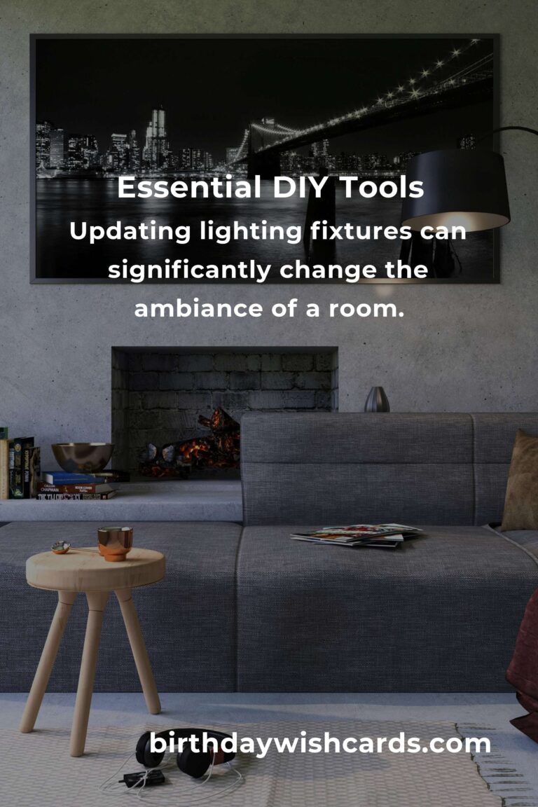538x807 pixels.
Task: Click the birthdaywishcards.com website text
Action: pyautogui.click(x=320, y=743)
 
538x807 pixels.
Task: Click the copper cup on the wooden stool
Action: pyautogui.click(x=115, y=543)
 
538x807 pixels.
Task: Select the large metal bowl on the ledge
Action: pyautogui.click(x=83, y=457)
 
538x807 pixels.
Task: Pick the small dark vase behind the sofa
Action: pyautogui.click(x=376, y=399)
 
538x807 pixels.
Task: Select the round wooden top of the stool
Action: pyautogui.click(x=95, y=567)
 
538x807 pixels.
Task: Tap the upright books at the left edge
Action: pyautogui.click(x=18, y=467)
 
